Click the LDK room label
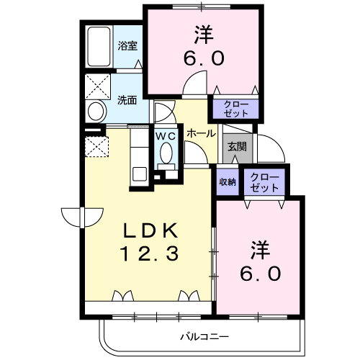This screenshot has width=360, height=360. tap(150, 230)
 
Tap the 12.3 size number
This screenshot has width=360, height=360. tap(150, 253)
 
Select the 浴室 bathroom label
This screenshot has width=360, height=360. tap(127, 45)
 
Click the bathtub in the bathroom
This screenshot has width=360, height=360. tap(98, 48)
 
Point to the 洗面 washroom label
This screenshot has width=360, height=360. tap(127, 100)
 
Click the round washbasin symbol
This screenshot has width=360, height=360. tap(95, 112)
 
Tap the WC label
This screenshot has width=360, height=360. tap(166, 135)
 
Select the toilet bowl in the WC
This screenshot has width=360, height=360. tap(166, 153)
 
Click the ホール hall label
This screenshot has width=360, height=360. tap(200, 134)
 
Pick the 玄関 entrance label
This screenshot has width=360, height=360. tap(237, 146)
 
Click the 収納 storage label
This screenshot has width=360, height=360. tap(228, 182)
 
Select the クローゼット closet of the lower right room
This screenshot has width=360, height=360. tap(265, 182)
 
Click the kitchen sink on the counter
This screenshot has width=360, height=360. tap(139, 173)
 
